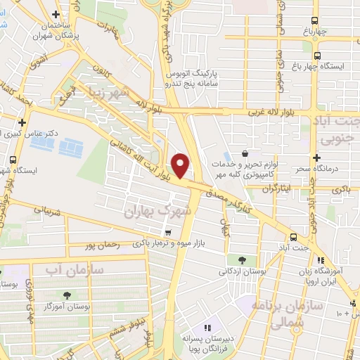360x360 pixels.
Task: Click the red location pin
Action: [181, 165]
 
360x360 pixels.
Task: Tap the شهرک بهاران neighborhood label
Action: [154, 211]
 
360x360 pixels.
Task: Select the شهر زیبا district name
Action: [125, 92]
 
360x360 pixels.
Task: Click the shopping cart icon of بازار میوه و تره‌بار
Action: [167, 233]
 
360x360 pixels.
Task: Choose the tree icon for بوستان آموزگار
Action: [67, 295]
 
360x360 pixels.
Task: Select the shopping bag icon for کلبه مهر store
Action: [244, 153]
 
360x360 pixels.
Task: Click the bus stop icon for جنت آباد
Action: [292, 237]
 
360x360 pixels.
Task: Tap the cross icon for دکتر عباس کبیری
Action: [23, 122]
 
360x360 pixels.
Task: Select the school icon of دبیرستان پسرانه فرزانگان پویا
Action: [207, 328]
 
